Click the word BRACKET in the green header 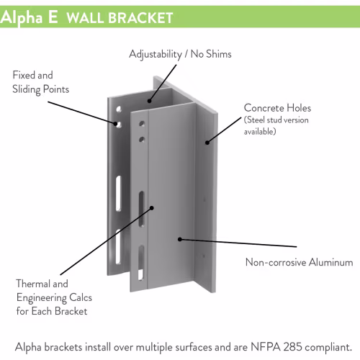coord(140,18)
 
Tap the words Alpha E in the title coord(29,17)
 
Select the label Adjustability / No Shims coord(180,54)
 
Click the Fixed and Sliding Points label coord(41,82)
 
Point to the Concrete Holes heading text coord(277,108)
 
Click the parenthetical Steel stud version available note coord(276,125)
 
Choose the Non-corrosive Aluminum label coord(300,262)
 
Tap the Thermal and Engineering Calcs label coord(54,297)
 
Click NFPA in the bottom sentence coord(266,347)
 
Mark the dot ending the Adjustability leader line coord(149,101)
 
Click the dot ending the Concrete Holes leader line coord(207,143)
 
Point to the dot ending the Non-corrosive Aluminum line coord(180,239)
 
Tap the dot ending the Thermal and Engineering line coord(152,208)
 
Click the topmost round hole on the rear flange coord(119,109)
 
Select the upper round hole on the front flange coord(142,124)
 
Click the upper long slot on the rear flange coord(119,194)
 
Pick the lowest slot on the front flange coord(141,263)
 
